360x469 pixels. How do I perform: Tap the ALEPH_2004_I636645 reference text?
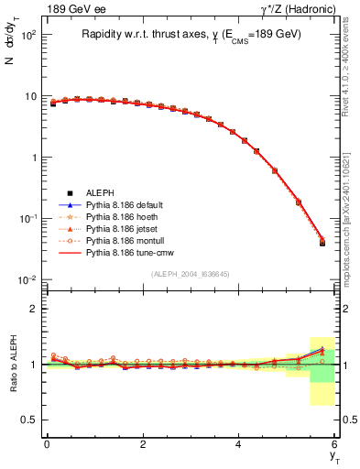(190, 273)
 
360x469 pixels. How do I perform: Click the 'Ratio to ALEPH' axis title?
(13, 365)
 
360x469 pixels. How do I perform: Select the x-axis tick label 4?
(238, 444)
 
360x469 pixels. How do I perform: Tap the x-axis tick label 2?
(142, 444)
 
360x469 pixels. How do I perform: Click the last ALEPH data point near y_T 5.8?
(322, 243)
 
